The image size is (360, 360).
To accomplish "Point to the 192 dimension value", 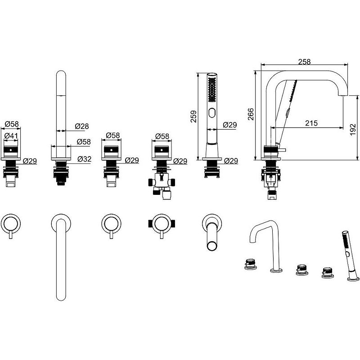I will coord(353,127).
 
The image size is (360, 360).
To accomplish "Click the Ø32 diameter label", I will coord(85,159).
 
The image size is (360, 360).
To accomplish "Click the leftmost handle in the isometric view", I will coord(251,263).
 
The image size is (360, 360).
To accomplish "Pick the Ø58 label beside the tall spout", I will coord(83,141).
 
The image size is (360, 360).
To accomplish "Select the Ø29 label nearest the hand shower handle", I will coord(229,125).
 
